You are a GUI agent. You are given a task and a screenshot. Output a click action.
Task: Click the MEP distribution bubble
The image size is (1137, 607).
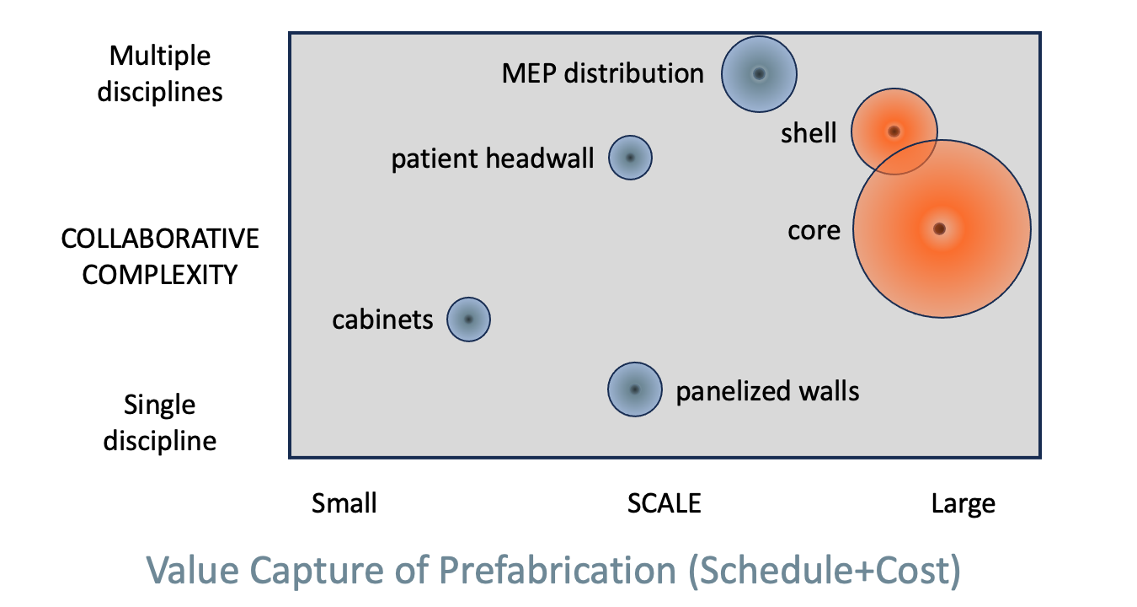point(760,74)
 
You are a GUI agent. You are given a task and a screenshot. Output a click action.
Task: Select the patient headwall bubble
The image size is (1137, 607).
point(631,158)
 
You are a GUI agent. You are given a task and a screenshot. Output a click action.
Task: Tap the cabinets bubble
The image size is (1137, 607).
point(468,320)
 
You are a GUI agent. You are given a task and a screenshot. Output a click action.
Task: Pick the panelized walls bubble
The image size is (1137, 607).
point(635,389)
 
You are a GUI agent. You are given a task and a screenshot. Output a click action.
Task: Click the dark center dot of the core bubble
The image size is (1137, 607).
point(940,228)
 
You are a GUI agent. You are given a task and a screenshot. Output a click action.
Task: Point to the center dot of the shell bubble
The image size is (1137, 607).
point(894,132)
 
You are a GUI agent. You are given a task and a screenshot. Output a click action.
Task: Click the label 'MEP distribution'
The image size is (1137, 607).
point(602,73)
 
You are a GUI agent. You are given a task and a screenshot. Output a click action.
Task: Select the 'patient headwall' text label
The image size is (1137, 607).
point(493,158)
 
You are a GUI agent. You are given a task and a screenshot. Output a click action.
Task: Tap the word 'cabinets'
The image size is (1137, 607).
point(382,320)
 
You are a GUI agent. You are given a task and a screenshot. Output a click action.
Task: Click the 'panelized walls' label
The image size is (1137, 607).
point(767,391)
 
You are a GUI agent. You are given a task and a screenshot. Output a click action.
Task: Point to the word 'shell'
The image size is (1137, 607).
point(809,133)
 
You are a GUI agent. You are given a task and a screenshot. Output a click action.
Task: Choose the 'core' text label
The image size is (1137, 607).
point(814,231)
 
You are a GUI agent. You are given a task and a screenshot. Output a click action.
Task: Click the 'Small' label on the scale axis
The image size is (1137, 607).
point(344,503)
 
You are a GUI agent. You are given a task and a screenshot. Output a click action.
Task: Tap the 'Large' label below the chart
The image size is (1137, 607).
point(964,504)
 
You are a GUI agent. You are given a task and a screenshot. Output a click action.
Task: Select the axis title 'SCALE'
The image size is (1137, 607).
point(664,504)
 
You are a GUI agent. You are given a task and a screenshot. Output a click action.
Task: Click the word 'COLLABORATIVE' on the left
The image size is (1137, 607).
point(160,239)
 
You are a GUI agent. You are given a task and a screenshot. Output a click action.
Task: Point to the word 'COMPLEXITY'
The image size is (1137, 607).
point(160,275)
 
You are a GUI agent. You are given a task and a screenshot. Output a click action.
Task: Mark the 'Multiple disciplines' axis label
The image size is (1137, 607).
point(160,73)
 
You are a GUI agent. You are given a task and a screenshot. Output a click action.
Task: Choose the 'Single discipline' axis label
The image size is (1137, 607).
point(160,422)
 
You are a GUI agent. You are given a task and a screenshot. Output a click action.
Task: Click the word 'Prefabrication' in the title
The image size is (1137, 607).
point(558,570)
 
